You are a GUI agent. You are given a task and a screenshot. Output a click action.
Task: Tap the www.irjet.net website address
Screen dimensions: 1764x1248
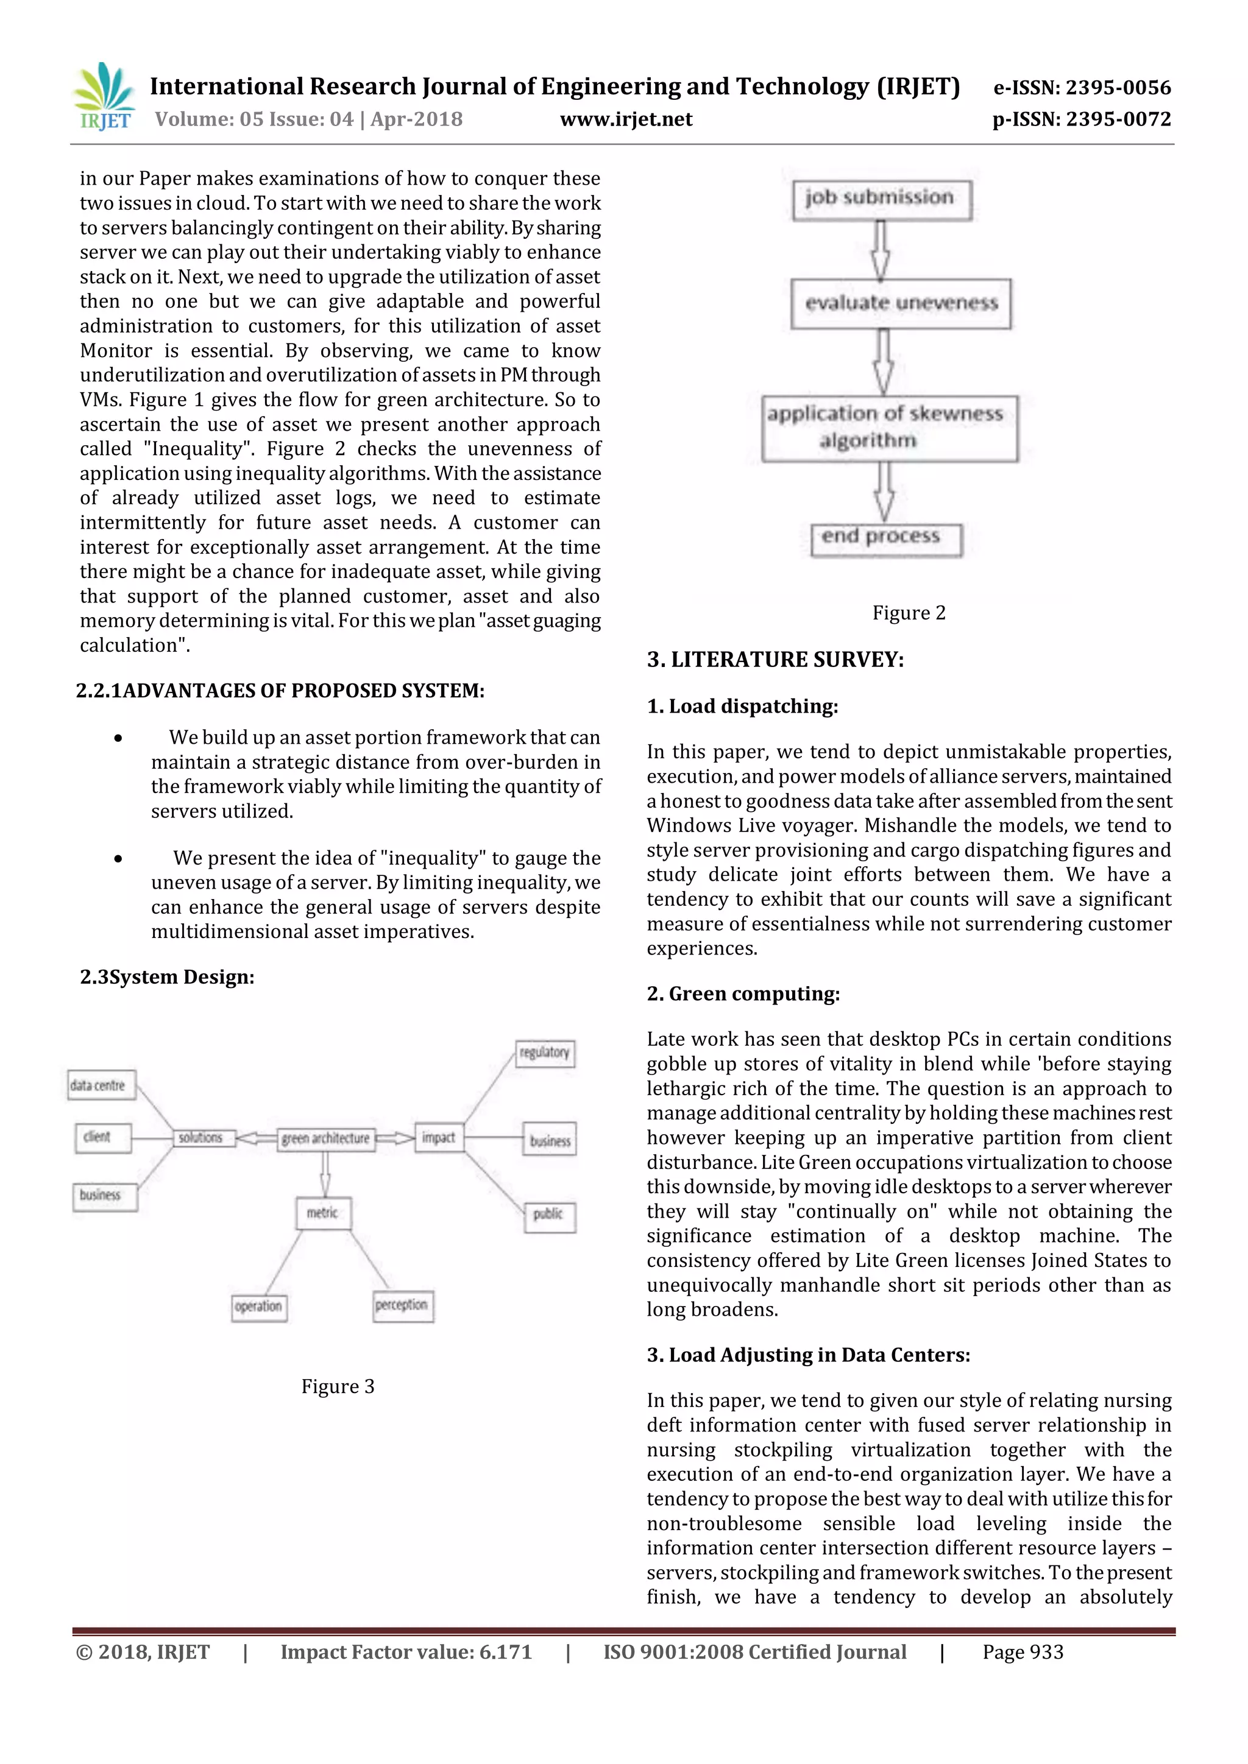pos(626,119)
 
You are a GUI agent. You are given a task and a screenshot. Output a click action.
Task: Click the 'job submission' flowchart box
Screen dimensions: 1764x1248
pos(881,199)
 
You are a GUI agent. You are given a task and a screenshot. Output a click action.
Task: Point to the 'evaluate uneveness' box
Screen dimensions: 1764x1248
pos(901,303)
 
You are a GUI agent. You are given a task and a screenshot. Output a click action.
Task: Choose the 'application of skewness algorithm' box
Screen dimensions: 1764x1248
pos(889,428)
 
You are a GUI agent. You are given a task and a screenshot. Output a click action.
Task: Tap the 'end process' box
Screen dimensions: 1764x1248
pos(885,538)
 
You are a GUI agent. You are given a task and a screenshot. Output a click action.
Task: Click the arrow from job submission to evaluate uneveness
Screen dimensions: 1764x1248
pos(881,250)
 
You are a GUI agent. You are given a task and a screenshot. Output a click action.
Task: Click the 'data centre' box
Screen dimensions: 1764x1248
pos(101,1085)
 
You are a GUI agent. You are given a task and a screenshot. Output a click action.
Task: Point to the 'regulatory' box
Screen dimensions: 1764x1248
pos(545,1053)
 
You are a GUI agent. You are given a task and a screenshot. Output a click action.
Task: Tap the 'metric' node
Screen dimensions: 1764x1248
pos(324,1212)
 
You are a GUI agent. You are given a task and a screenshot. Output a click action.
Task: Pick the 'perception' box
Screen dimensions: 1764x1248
pos(403,1305)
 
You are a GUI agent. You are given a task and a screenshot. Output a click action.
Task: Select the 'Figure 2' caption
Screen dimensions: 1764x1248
pos(909,612)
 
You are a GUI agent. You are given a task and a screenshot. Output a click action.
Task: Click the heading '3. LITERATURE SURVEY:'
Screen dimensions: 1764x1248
pos(775,659)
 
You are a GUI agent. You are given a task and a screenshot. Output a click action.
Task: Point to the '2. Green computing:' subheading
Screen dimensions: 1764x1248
pos(742,993)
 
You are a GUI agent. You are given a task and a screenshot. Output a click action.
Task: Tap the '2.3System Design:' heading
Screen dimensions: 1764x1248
pos(167,976)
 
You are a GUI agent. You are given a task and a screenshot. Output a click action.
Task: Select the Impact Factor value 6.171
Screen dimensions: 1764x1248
pos(406,1652)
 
